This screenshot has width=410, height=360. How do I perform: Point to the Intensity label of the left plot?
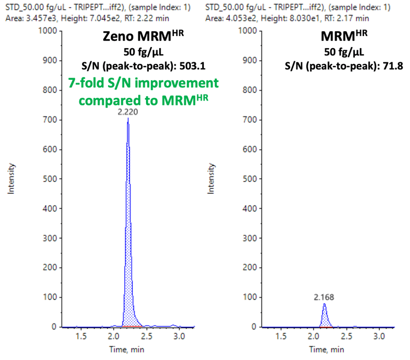tap(9, 179)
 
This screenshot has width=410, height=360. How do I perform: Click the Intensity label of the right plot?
tap(210, 179)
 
